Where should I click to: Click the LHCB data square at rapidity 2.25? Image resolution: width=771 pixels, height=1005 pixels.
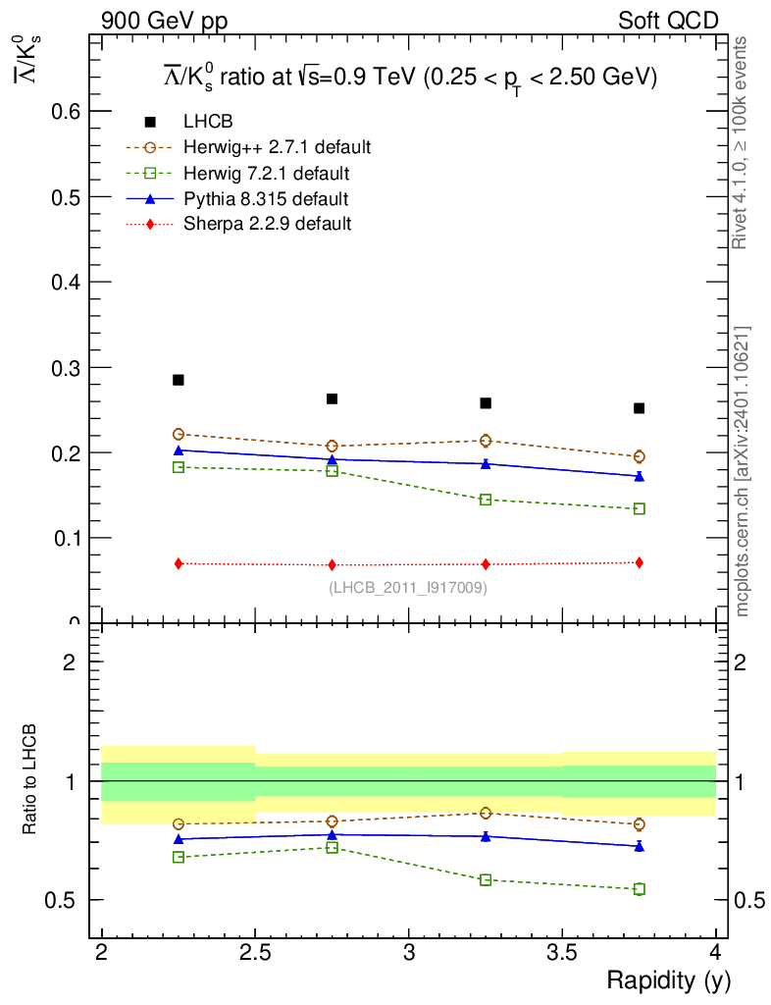179,380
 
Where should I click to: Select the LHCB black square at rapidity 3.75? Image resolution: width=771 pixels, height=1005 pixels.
639,408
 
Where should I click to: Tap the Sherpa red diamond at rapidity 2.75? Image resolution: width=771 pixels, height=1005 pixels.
333,565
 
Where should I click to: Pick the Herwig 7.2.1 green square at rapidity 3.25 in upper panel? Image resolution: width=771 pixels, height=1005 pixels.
486,500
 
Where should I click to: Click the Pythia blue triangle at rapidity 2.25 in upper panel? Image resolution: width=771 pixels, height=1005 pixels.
179,450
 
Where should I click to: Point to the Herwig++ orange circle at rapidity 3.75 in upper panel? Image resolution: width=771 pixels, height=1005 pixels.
639,456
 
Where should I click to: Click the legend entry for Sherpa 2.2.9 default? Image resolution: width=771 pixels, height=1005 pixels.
267,224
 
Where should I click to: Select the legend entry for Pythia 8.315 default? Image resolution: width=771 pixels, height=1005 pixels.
265,199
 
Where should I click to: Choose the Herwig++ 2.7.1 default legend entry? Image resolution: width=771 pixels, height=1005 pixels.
277,147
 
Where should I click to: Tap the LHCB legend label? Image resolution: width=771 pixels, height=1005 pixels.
207,122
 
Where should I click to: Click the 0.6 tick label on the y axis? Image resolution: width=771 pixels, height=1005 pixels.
66,112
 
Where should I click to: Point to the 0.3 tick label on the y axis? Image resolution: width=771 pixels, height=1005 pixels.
66,368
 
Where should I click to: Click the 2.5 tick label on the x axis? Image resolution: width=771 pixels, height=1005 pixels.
255,952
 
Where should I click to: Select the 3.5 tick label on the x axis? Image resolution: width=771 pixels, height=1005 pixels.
562,952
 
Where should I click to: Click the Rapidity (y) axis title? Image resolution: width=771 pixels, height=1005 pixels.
668,980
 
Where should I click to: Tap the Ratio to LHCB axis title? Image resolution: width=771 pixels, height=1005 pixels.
32,781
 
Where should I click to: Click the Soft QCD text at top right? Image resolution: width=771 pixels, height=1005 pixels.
668,21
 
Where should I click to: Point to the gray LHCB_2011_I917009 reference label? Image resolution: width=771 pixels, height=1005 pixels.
407,588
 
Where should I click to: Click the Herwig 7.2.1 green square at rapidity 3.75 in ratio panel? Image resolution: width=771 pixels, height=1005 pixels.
639,889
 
